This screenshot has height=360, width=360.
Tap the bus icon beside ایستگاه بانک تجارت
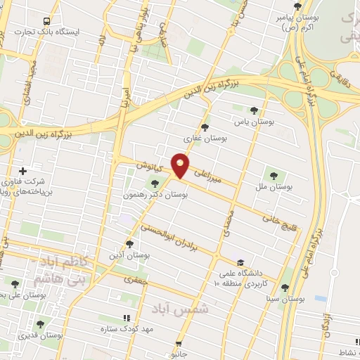coord(46,21)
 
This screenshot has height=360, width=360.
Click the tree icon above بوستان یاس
coord(254,110)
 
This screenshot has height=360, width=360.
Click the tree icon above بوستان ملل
coord(274,174)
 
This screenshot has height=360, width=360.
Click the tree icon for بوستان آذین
coord(128,243)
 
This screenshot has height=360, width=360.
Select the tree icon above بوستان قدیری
coord(39,325)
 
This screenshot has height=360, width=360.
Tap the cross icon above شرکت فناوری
coord(23,171)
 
